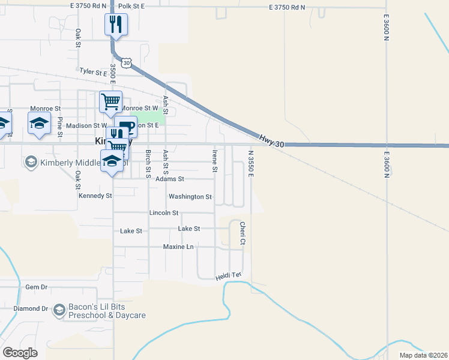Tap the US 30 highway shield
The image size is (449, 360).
(x=126, y=62)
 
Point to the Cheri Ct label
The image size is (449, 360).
(x=243, y=233)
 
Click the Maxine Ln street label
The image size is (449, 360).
(x=179, y=247)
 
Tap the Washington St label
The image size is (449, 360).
(x=190, y=196)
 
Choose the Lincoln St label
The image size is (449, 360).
(x=164, y=212)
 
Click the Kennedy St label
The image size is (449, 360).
(x=95, y=196)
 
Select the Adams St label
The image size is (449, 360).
(x=169, y=179)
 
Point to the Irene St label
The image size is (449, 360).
(x=214, y=161)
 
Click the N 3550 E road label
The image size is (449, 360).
(x=251, y=163)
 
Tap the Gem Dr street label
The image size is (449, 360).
(x=36, y=287)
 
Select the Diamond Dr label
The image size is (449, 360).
(x=31, y=308)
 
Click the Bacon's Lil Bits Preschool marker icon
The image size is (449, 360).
(x=59, y=310)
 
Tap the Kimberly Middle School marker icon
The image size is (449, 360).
(x=31, y=162)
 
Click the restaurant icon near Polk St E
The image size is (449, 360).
(x=115, y=25)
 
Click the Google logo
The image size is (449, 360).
(x=20, y=353)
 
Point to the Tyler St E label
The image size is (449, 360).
(x=93, y=72)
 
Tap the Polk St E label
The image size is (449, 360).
(x=132, y=5)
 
